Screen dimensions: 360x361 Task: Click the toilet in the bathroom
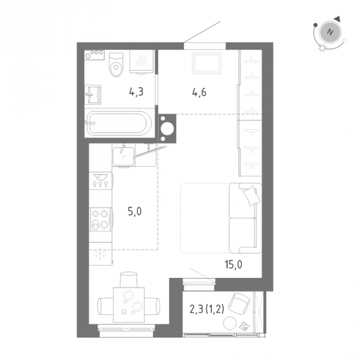tap(116, 64)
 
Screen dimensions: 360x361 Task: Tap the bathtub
tap(119, 123)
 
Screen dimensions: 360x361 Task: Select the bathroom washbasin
tap(93, 95)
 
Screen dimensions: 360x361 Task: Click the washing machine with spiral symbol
tap(141, 61)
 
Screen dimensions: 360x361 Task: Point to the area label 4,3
tap(136, 92)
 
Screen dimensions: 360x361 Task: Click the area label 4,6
tap(199, 92)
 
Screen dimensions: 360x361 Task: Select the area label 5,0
tap(134, 212)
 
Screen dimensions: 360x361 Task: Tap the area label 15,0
tap(233, 264)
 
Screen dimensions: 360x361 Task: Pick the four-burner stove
tap(100, 219)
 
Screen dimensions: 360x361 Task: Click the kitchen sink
tap(123, 157)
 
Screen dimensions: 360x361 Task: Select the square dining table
tap(129, 305)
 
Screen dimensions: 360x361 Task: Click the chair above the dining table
tap(128, 279)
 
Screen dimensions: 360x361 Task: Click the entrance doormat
tap(206, 63)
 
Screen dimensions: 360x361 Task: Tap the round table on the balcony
tap(230, 323)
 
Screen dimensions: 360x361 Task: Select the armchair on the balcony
tap(239, 303)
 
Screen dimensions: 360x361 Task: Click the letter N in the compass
tap(330, 32)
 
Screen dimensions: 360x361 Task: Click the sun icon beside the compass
tap(322, 48)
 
